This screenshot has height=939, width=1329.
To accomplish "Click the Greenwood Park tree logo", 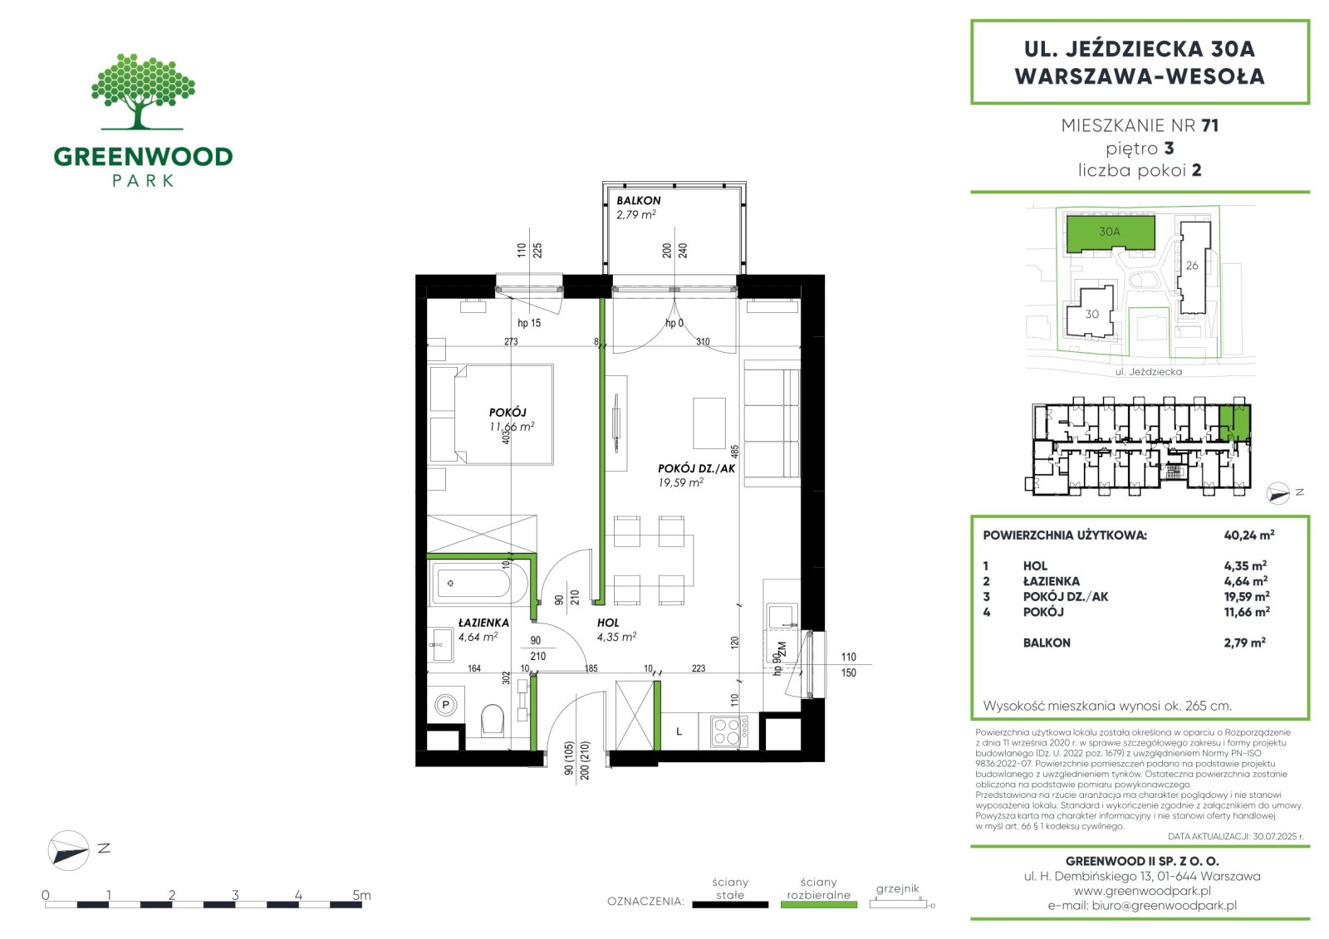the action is [x=142, y=91].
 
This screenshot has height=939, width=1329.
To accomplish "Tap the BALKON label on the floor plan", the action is [x=638, y=200].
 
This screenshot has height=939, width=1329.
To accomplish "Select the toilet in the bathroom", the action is [x=493, y=720].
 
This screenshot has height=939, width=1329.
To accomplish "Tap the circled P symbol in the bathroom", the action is [x=445, y=705].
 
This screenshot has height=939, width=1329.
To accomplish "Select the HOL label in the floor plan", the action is [x=608, y=622].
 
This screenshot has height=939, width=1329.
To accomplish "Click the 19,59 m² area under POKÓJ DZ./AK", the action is [x=681, y=482].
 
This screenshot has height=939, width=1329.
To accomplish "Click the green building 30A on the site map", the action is [x=1111, y=232].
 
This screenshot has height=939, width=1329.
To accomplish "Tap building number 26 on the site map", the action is [x=1192, y=265].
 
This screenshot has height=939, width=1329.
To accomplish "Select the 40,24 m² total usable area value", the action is [x=1249, y=535].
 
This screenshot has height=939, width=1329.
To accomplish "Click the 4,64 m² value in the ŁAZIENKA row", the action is [x=1246, y=580].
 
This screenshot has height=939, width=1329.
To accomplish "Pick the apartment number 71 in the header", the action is [x=1209, y=125].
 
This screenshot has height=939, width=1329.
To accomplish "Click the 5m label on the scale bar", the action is [x=361, y=894].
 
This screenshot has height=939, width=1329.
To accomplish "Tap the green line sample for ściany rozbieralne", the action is [x=819, y=905].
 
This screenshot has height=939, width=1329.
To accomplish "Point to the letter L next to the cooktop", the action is [x=679, y=731].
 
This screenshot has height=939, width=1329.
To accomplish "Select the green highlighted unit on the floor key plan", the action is [x=1234, y=423].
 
